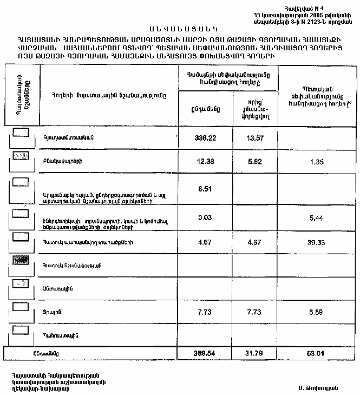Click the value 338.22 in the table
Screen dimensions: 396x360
tap(205, 138)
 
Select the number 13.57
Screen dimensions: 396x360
tap(254, 138)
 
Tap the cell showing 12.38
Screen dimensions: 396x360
tap(205, 162)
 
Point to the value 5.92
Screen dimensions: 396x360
tap(254, 162)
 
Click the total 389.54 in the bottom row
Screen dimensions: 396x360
tap(205, 353)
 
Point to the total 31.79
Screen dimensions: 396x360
tap(254, 353)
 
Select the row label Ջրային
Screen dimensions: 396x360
tap(51, 313)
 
